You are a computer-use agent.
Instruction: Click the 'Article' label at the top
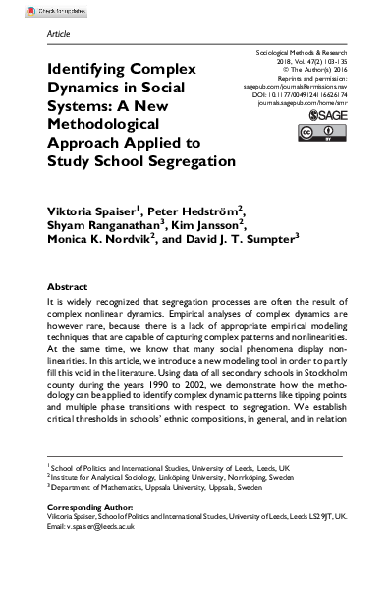pyautogui.click(x=59, y=32)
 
